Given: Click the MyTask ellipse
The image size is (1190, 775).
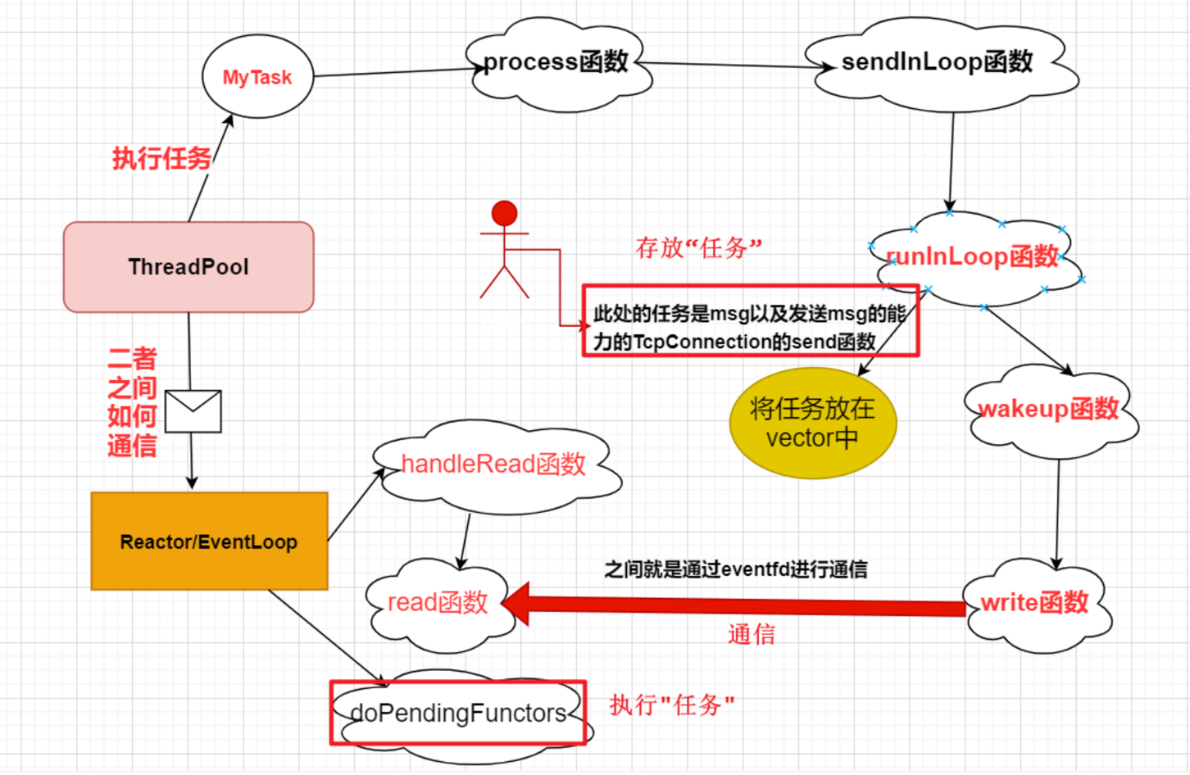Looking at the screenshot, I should click(x=257, y=77).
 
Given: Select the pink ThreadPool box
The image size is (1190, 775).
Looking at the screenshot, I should click(x=188, y=267).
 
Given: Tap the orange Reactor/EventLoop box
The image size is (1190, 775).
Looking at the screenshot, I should click(x=209, y=542).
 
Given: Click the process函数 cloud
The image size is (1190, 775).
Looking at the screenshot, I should click(x=557, y=63).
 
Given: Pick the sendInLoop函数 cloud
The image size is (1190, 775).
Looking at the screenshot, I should click(x=938, y=63).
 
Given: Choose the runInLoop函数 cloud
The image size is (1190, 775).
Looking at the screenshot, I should click(x=974, y=257).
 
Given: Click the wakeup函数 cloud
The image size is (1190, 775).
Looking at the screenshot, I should click(x=1049, y=409).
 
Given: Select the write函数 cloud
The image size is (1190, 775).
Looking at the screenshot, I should click(x=1035, y=604).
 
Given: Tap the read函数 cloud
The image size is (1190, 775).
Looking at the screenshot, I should click(x=438, y=604).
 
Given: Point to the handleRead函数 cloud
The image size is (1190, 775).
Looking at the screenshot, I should click(x=493, y=465).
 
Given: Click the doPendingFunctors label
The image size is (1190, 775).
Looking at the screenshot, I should click(x=458, y=714).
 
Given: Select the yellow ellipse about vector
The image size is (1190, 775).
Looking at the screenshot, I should click(x=812, y=423).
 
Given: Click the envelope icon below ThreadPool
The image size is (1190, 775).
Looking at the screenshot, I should click(x=193, y=411).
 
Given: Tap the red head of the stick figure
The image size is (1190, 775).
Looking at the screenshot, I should click(x=504, y=213).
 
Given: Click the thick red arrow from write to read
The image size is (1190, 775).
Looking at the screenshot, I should click(x=738, y=606).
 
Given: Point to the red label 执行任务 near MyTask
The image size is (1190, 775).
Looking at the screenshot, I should click(x=161, y=158).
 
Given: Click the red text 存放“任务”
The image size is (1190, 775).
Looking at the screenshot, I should click(x=698, y=247).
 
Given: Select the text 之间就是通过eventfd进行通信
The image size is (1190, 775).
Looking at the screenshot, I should click(x=735, y=569).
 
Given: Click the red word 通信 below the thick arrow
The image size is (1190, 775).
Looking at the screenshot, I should click(x=751, y=634).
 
